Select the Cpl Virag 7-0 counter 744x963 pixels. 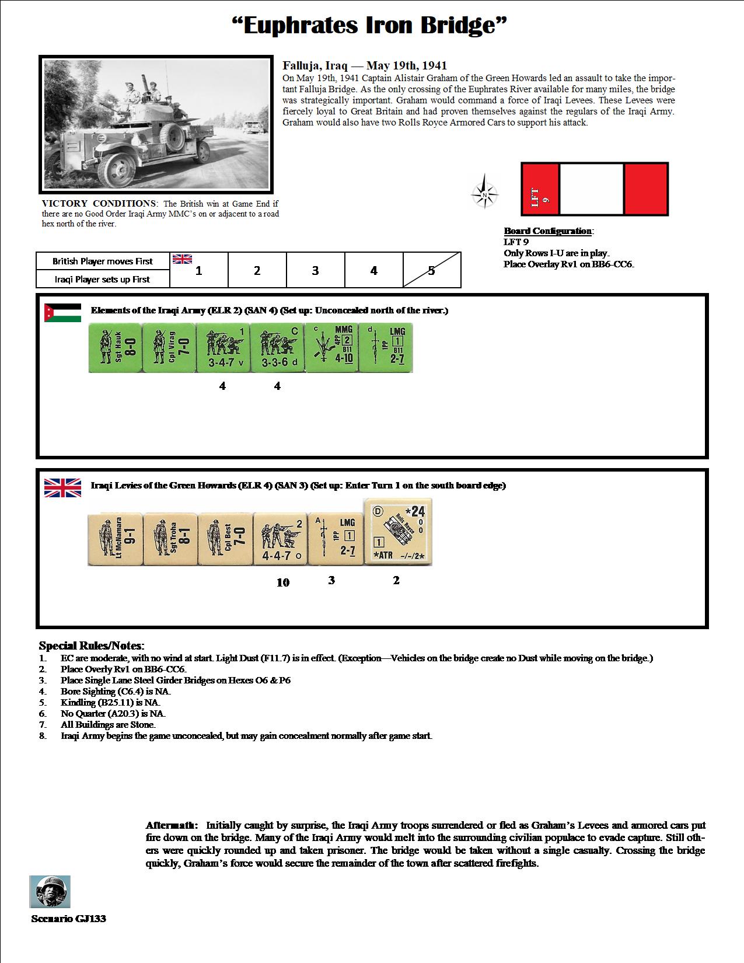pyautogui.click(x=169, y=348)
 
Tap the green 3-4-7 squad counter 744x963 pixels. pyautogui.click(x=222, y=348)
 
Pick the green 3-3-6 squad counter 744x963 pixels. pyautogui.click(x=277, y=348)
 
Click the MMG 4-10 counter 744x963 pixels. pyautogui.click(x=331, y=348)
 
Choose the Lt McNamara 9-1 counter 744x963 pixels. pyautogui.click(x=114, y=539)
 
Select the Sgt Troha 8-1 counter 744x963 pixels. pyautogui.click(x=169, y=539)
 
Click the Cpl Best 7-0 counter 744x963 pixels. pyautogui.click(x=225, y=539)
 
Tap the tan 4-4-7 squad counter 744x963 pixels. pyautogui.click(x=280, y=539)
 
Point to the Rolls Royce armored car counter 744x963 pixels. pyautogui.click(x=398, y=532)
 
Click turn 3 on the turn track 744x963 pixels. pyautogui.click(x=315, y=270)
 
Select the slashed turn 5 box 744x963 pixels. pyautogui.click(x=431, y=270)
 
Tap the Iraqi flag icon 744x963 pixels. pyautogui.click(x=62, y=312)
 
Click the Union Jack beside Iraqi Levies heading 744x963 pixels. pyautogui.click(x=62, y=487)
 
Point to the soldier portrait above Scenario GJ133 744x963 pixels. pyautogui.click(x=50, y=891)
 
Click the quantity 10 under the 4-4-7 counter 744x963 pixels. pyautogui.click(x=283, y=582)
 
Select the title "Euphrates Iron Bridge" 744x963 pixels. pyautogui.click(x=369, y=25)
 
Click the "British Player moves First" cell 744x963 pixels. pyautogui.click(x=103, y=261)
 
